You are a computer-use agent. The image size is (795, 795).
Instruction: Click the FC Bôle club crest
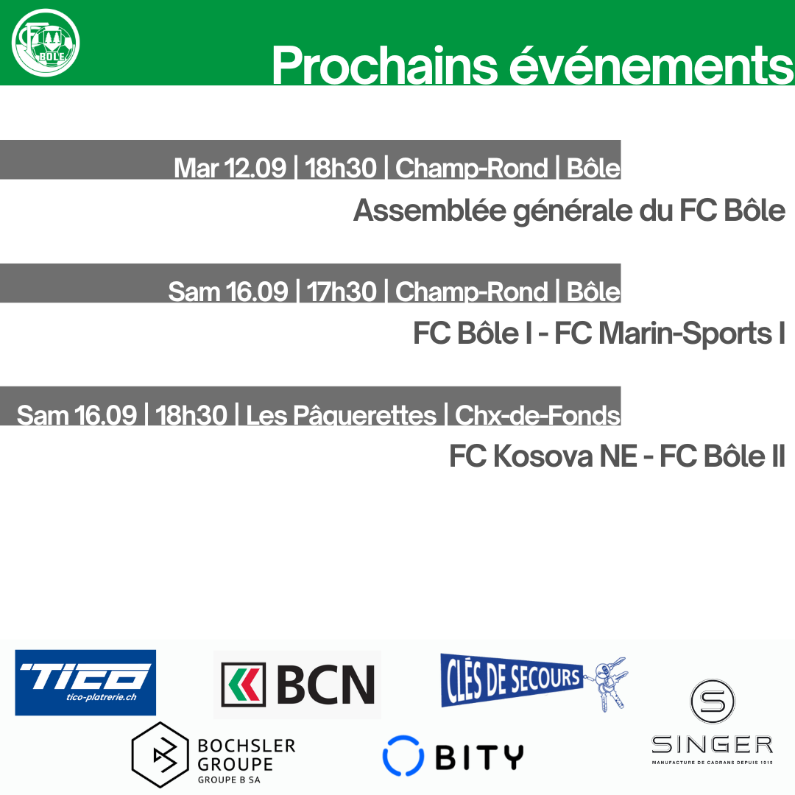click(x=46, y=43)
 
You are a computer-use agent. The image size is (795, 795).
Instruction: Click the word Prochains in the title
click(x=385, y=66)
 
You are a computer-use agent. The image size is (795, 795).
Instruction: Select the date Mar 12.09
click(x=230, y=168)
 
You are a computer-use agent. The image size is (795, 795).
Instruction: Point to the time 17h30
click(x=342, y=291)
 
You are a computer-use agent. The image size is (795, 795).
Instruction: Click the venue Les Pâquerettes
click(x=341, y=415)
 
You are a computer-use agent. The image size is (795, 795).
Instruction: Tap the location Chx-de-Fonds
click(x=537, y=415)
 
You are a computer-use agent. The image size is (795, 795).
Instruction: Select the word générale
click(x=573, y=212)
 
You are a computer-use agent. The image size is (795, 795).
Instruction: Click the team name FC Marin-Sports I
click(x=670, y=333)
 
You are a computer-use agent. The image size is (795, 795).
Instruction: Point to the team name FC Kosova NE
click(x=543, y=456)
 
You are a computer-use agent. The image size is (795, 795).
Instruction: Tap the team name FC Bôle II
click(x=723, y=456)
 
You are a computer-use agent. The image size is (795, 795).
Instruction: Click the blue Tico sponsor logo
click(x=85, y=682)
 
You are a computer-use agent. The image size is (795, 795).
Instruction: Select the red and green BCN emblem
click(x=243, y=685)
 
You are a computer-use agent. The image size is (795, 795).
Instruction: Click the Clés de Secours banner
click(x=512, y=679)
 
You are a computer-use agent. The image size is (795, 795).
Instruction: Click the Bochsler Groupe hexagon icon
click(x=160, y=755)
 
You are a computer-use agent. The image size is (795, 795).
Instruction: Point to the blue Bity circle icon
click(x=403, y=755)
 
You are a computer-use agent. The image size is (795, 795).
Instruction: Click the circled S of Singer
click(x=713, y=702)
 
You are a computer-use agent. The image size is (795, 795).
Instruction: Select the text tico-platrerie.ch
click(x=102, y=697)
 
